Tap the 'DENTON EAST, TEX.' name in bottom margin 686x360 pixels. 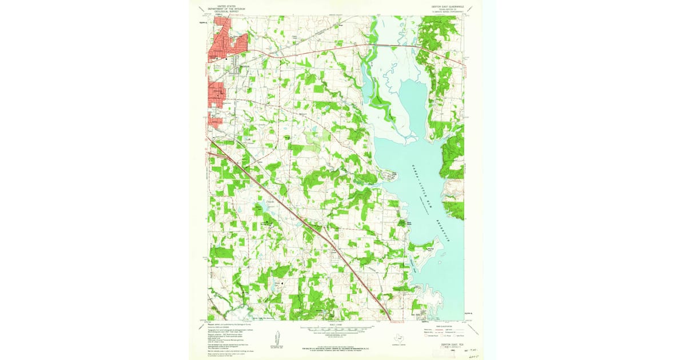tap(443, 345)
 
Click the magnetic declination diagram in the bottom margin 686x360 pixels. tap(277, 338)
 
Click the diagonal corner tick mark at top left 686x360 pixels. tap(202, 9)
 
